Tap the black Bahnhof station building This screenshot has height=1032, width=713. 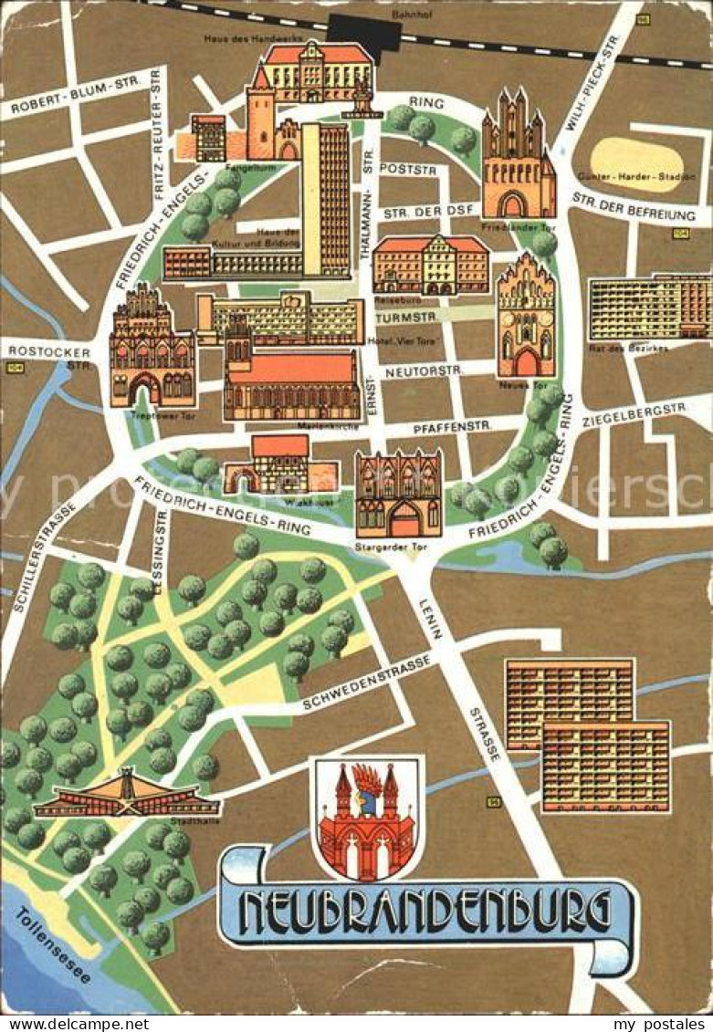[363, 35]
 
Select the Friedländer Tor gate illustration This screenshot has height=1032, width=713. [518, 155]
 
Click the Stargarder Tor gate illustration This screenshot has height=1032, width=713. [398, 495]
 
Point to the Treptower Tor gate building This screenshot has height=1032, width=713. [152, 348]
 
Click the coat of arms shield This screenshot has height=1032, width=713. [367, 818]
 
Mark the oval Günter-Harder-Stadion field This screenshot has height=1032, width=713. [636, 163]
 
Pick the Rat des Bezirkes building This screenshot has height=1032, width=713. [649, 308]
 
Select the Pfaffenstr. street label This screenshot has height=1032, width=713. [451, 425]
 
